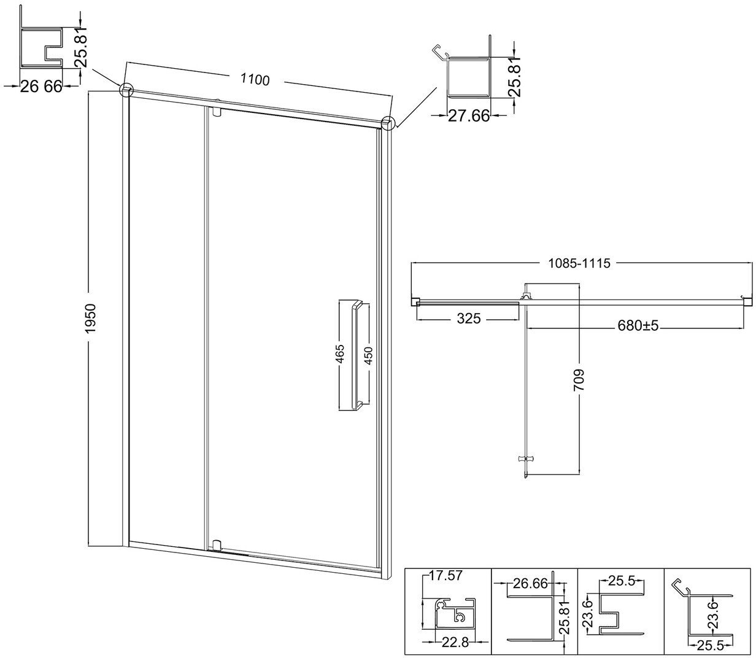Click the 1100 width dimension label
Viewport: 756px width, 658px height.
(255, 79)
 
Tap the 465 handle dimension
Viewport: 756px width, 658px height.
(340, 354)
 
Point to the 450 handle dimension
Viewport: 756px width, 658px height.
(369, 356)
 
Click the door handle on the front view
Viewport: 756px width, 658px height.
(357, 355)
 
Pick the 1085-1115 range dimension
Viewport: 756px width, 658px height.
(579, 263)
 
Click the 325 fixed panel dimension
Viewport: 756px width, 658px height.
(469, 318)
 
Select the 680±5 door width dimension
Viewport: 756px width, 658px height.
(638, 325)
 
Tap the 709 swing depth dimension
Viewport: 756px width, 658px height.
(579, 380)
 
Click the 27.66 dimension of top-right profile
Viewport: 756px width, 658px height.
(469, 117)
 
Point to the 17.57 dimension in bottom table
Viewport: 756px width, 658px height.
(445, 576)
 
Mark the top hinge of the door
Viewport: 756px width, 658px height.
(217, 111)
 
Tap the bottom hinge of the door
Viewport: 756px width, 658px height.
(217, 544)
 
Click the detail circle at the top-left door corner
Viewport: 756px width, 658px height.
(126, 90)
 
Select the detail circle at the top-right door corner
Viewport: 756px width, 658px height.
(388, 123)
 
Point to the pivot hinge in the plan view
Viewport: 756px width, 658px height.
(525, 296)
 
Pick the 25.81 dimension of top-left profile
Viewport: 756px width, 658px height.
(80, 48)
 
